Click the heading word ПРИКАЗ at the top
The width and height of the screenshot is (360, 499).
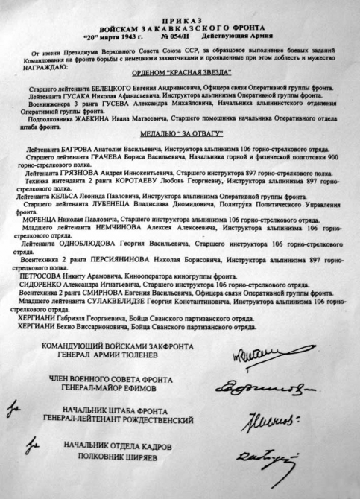pos(180,12)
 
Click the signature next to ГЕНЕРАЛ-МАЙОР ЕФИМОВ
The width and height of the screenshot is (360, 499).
pos(260,388)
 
